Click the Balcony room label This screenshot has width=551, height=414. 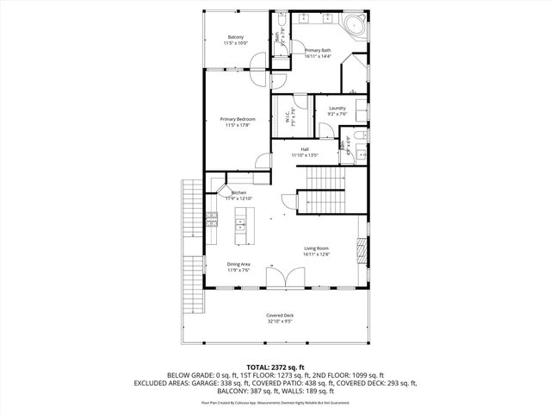[236, 37]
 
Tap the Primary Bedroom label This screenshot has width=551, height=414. [237, 119]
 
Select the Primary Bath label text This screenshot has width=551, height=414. [318, 50]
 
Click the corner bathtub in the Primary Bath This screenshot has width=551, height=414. [355, 24]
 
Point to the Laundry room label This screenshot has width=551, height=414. [337, 108]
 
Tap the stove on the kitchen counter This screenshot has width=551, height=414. [212, 221]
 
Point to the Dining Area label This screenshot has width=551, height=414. [238, 264]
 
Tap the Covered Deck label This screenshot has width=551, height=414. [279, 316]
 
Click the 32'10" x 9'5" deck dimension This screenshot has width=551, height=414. [279, 322]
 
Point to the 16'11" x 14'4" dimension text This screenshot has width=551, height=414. [318, 56]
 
